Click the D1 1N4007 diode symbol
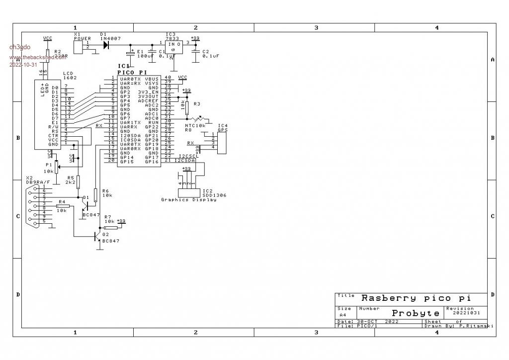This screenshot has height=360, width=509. (x=106, y=44)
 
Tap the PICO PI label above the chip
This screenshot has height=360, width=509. (x=132, y=73)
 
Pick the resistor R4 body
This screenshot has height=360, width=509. (x=63, y=206)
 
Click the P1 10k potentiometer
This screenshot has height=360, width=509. (x=56, y=167)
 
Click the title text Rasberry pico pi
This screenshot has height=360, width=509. (x=416, y=298)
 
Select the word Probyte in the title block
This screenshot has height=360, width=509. (x=416, y=313)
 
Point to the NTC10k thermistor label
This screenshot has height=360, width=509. (x=195, y=125)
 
